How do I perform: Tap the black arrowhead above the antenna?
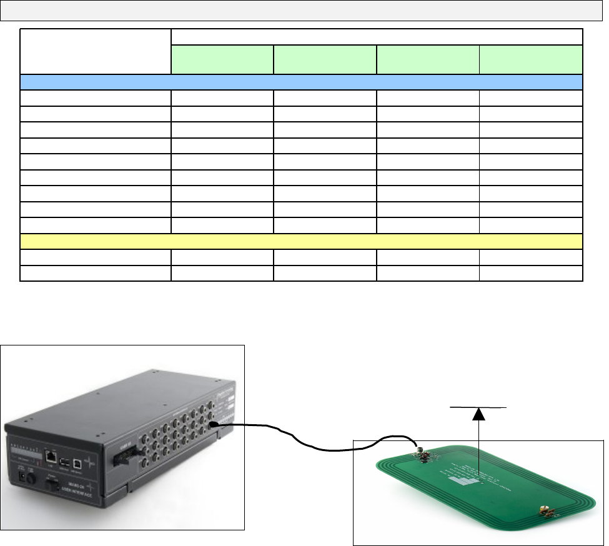click(x=478, y=413)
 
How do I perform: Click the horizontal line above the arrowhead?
click(x=478, y=407)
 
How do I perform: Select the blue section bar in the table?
click(x=302, y=82)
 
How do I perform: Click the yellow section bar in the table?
click(x=302, y=242)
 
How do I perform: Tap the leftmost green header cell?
click(x=222, y=59)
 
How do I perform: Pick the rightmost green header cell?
click(x=531, y=59)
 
